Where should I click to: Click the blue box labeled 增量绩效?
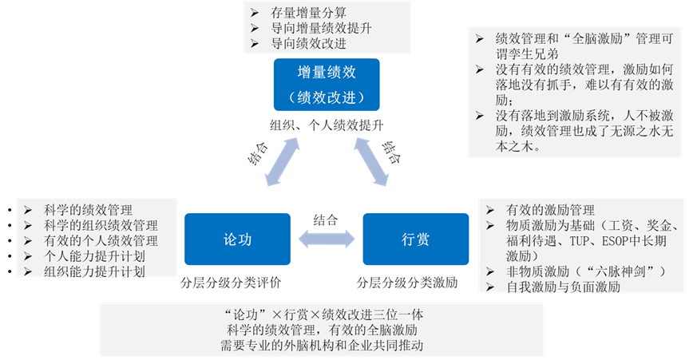coord(327,84)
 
